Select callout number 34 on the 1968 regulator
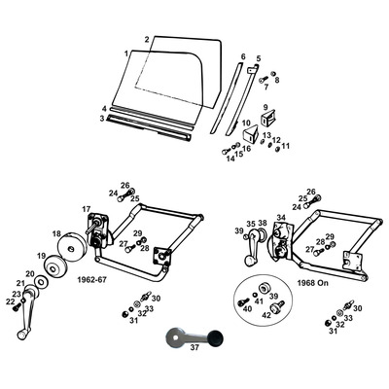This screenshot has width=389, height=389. (x=281, y=218)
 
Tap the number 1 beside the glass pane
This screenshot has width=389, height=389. (x=126, y=53)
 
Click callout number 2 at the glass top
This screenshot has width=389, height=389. (x=147, y=40)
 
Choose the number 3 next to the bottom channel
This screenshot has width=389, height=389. (x=101, y=119)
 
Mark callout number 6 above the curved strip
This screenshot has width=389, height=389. (x=243, y=57)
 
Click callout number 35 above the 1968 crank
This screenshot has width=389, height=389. (x=250, y=224)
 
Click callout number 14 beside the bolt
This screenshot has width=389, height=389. (x=230, y=158)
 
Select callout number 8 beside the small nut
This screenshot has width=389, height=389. (x=276, y=80)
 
